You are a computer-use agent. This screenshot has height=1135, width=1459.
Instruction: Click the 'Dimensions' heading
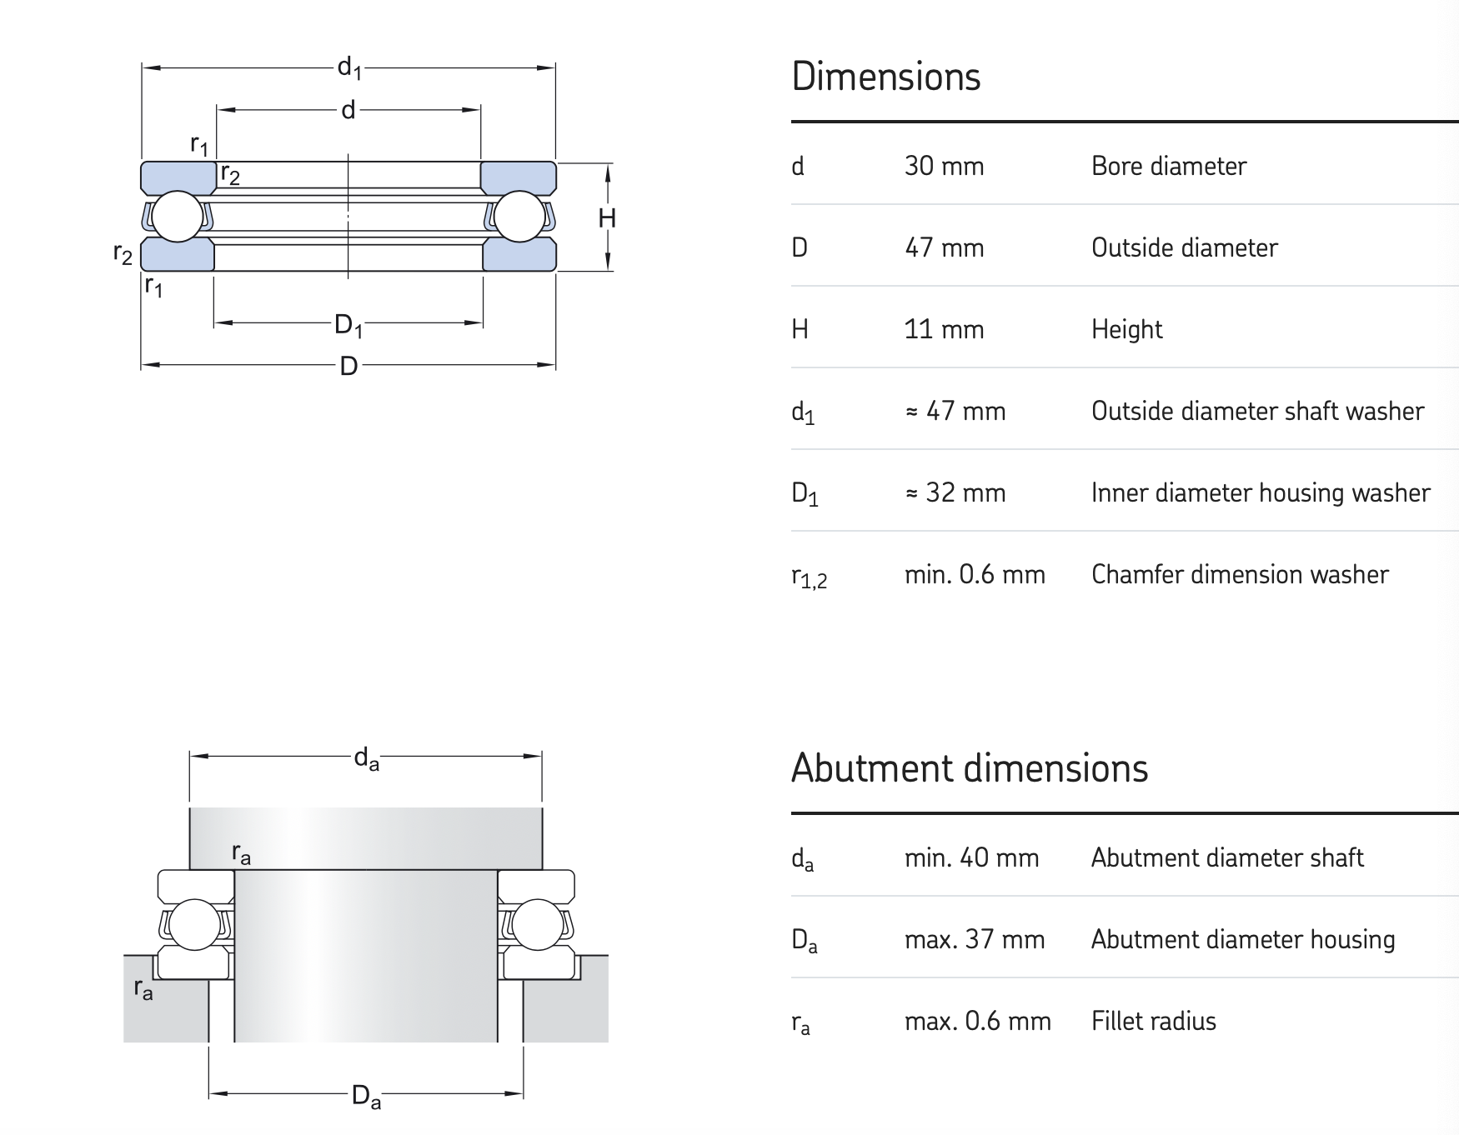pos(885,77)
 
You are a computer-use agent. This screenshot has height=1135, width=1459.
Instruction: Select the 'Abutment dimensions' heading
pos(970,768)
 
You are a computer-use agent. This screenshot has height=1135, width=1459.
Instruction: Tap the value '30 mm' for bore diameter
pos(944,167)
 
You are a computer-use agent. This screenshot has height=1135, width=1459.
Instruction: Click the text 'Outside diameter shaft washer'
pos(1257,411)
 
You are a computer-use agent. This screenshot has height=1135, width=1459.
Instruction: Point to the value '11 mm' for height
pos(944,330)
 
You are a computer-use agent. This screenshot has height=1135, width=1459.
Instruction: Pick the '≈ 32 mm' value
pos(955,492)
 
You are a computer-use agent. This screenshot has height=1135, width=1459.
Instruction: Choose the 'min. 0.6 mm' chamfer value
pos(975,574)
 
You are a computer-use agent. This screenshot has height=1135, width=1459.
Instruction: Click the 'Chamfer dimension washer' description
pos(1240,574)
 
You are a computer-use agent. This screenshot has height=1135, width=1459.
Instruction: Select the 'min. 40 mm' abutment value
pos(971,857)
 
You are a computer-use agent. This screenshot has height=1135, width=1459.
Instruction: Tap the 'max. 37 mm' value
pos(975,939)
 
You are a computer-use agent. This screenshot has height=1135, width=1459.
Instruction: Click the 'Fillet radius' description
pos(1154,1021)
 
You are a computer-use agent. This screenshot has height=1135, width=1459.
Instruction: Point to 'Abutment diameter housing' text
pos(1243,939)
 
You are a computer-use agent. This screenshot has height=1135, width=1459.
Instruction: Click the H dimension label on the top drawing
pos(607,218)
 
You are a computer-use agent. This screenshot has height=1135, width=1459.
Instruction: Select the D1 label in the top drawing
pos(348,325)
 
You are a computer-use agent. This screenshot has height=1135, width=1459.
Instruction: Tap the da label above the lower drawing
pos(366,759)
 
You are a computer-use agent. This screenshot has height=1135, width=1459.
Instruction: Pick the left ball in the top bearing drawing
pos(178,217)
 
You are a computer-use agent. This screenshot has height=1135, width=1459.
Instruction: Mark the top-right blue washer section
pos(519,178)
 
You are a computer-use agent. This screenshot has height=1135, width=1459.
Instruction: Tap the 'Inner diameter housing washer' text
pos(1261,492)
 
